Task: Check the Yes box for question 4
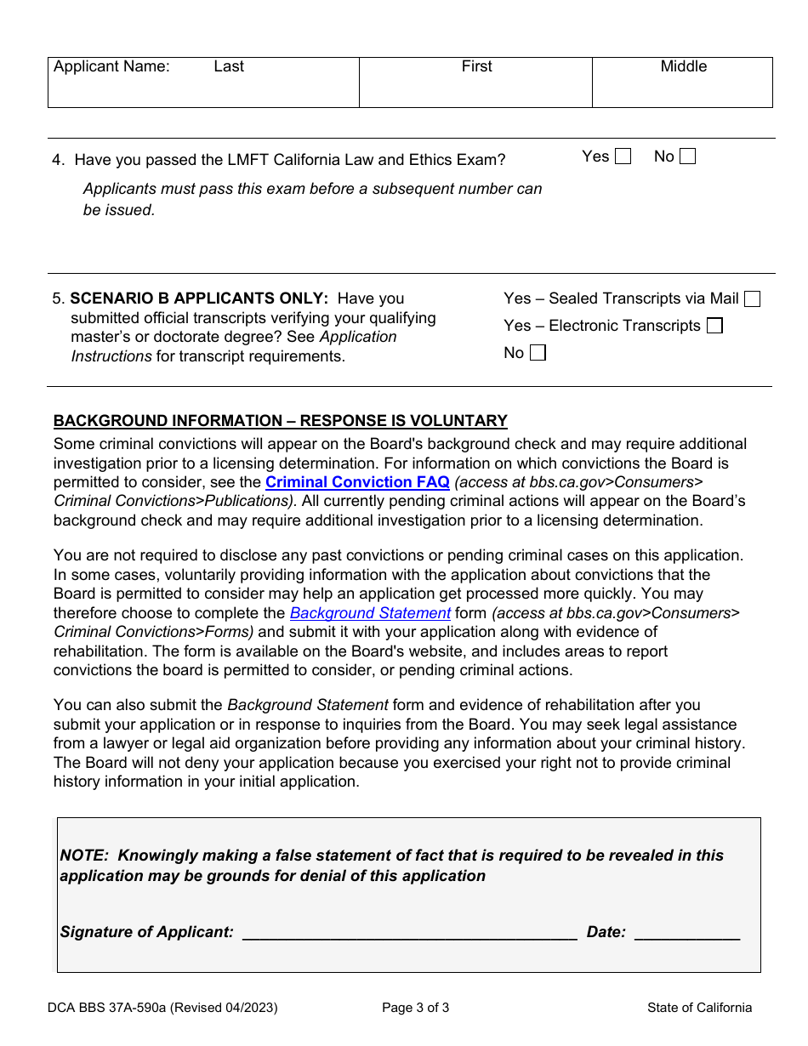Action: [x=623, y=156]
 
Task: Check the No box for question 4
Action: [x=687, y=156]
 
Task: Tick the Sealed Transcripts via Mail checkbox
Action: [x=752, y=298]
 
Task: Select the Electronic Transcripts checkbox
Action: [x=714, y=326]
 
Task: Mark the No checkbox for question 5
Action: [x=538, y=353]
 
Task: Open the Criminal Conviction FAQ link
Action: [x=357, y=482]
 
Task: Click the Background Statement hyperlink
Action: [x=370, y=613]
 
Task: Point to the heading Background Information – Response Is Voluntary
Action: [x=280, y=421]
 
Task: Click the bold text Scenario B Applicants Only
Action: [x=199, y=298]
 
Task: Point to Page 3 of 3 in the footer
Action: [x=415, y=1008]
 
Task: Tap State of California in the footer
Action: [x=699, y=1008]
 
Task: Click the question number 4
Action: [x=57, y=160]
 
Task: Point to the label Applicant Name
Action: [x=111, y=66]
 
